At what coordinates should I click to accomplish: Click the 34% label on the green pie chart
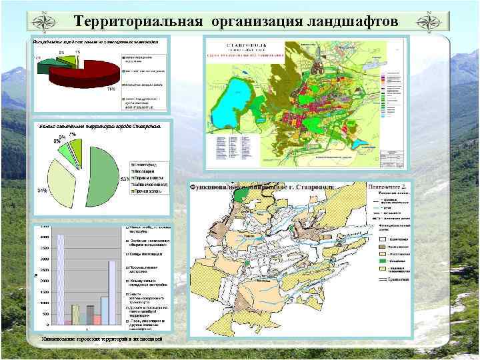tap(41, 191)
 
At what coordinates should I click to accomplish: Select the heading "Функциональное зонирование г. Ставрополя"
tap(267, 187)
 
